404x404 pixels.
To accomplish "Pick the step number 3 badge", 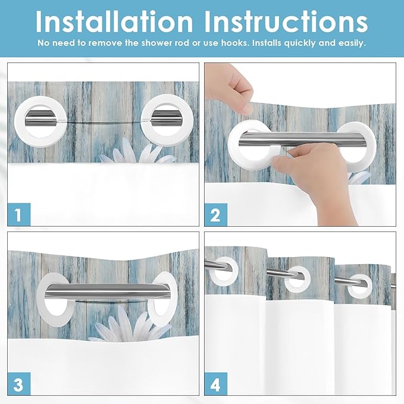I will coord(19,384).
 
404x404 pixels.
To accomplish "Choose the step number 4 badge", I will coord(215,384).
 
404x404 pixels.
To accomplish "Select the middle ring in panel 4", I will coord(296,278).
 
